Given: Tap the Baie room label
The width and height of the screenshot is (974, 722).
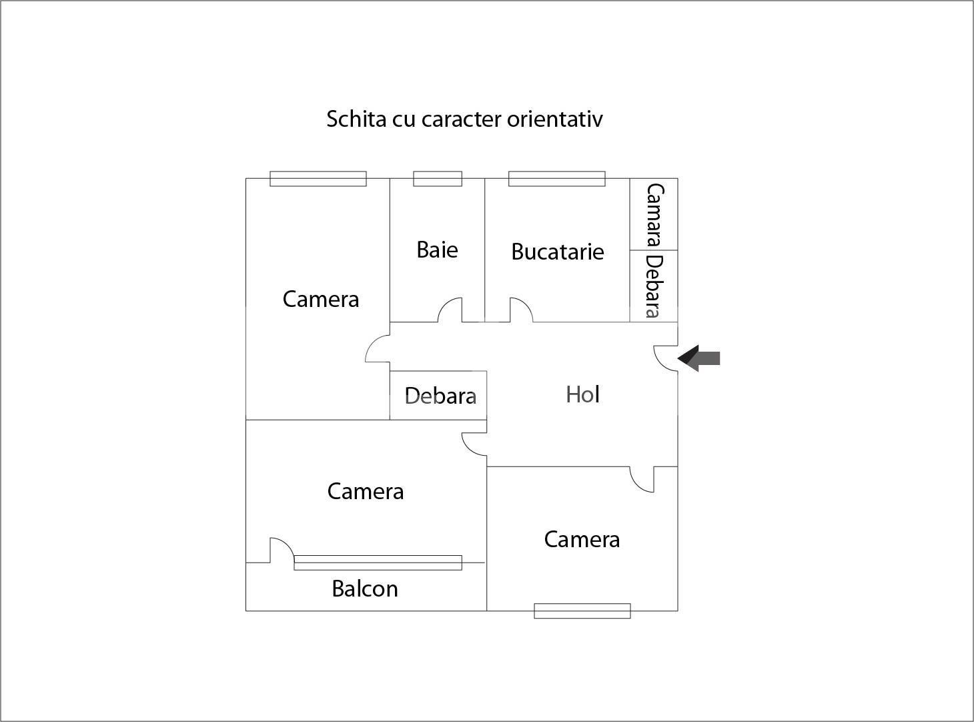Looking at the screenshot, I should pyautogui.click(x=437, y=250).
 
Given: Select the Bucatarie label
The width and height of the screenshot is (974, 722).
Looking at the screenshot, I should pyautogui.click(x=557, y=252).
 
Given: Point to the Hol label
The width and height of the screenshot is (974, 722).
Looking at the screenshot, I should pyautogui.click(x=582, y=394).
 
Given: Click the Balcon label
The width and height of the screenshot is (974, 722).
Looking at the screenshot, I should pyautogui.click(x=365, y=589).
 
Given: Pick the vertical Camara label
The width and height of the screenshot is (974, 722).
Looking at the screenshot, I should pyautogui.click(x=654, y=215).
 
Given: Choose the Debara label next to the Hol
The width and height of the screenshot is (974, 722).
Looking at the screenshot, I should pyautogui.click(x=440, y=396).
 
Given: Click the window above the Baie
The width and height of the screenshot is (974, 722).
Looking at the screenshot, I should pyautogui.click(x=438, y=179).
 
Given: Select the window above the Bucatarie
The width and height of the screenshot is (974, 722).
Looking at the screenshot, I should pyautogui.click(x=556, y=179).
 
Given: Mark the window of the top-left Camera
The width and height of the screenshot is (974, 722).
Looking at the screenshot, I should pyautogui.click(x=318, y=179).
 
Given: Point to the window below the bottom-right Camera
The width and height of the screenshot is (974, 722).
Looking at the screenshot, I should pyautogui.click(x=582, y=611).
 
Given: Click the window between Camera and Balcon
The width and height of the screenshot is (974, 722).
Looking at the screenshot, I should pyautogui.click(x=378, y=563).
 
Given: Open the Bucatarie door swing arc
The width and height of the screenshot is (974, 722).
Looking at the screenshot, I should pyautogui.click(x=520, y=310).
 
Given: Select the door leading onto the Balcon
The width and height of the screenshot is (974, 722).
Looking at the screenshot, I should pyautogui.click(x=281, y=551).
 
